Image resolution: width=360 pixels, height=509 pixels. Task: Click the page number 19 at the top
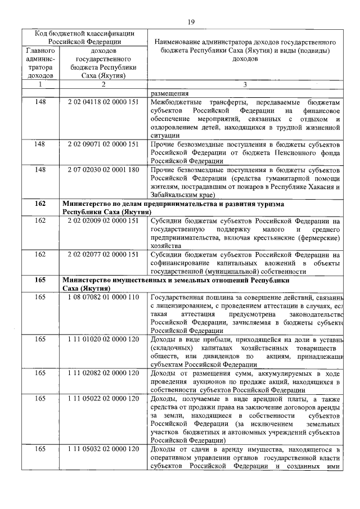pos(191,22)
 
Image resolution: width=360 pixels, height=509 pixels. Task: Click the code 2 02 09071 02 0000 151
pos(103,145)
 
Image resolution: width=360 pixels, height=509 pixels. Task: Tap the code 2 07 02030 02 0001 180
pos(103,169)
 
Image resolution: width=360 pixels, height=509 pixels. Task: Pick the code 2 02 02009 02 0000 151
pos(103,221)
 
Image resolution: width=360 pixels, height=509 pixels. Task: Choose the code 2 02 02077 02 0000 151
pos(103,254)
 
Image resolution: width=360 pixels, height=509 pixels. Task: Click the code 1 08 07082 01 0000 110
pos(103,296)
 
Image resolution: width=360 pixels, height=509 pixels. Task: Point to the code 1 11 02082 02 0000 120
pos(103,373)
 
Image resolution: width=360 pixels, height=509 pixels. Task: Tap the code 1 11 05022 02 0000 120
pos(103,399)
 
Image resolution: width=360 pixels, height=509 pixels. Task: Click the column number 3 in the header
pos(245,84)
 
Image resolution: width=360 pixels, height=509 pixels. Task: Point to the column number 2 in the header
pos(103,84)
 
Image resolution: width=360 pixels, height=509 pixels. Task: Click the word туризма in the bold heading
pos(271,203)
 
